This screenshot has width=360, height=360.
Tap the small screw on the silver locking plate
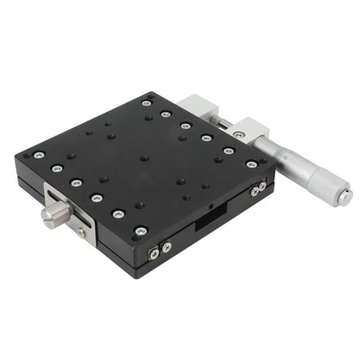(x=81, y=232)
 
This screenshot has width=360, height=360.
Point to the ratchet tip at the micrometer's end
(x=345, y=195)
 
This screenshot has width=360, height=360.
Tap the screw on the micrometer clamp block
(x=239, y=135)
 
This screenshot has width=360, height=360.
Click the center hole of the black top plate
(x=144, y=158)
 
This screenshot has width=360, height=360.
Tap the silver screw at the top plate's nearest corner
(x=141, y=231)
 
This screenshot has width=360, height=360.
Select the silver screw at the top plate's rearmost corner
(x=146, y=102)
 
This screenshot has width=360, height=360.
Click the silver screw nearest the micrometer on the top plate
(x=251, y=165)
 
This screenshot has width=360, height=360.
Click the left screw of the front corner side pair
(x=154, y=254)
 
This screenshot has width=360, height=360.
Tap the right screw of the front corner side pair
(x=166, y=248)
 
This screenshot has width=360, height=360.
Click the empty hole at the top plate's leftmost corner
(x=26, y=154)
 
